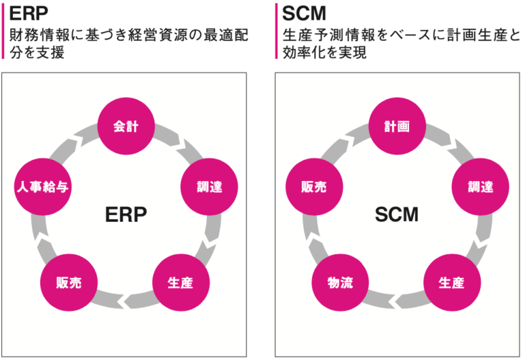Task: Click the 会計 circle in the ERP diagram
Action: [x=127, y=126]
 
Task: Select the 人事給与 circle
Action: [x=43, y=186]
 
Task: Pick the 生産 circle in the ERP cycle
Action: [x=180, y=282]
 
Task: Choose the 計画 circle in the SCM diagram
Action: [x=397, y=126]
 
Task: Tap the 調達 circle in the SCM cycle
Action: [x=480, y=186]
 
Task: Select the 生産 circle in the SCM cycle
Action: [x=451, y=282]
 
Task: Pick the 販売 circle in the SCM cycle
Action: [x=313, y=186]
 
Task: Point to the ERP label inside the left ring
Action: [x=126, y=215]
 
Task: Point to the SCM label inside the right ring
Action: [x=397, y=215]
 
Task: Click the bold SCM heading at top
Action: [x=302, y=14]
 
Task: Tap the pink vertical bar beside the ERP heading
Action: [x=2, y=31]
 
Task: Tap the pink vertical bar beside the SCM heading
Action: [x=276, y=31]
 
